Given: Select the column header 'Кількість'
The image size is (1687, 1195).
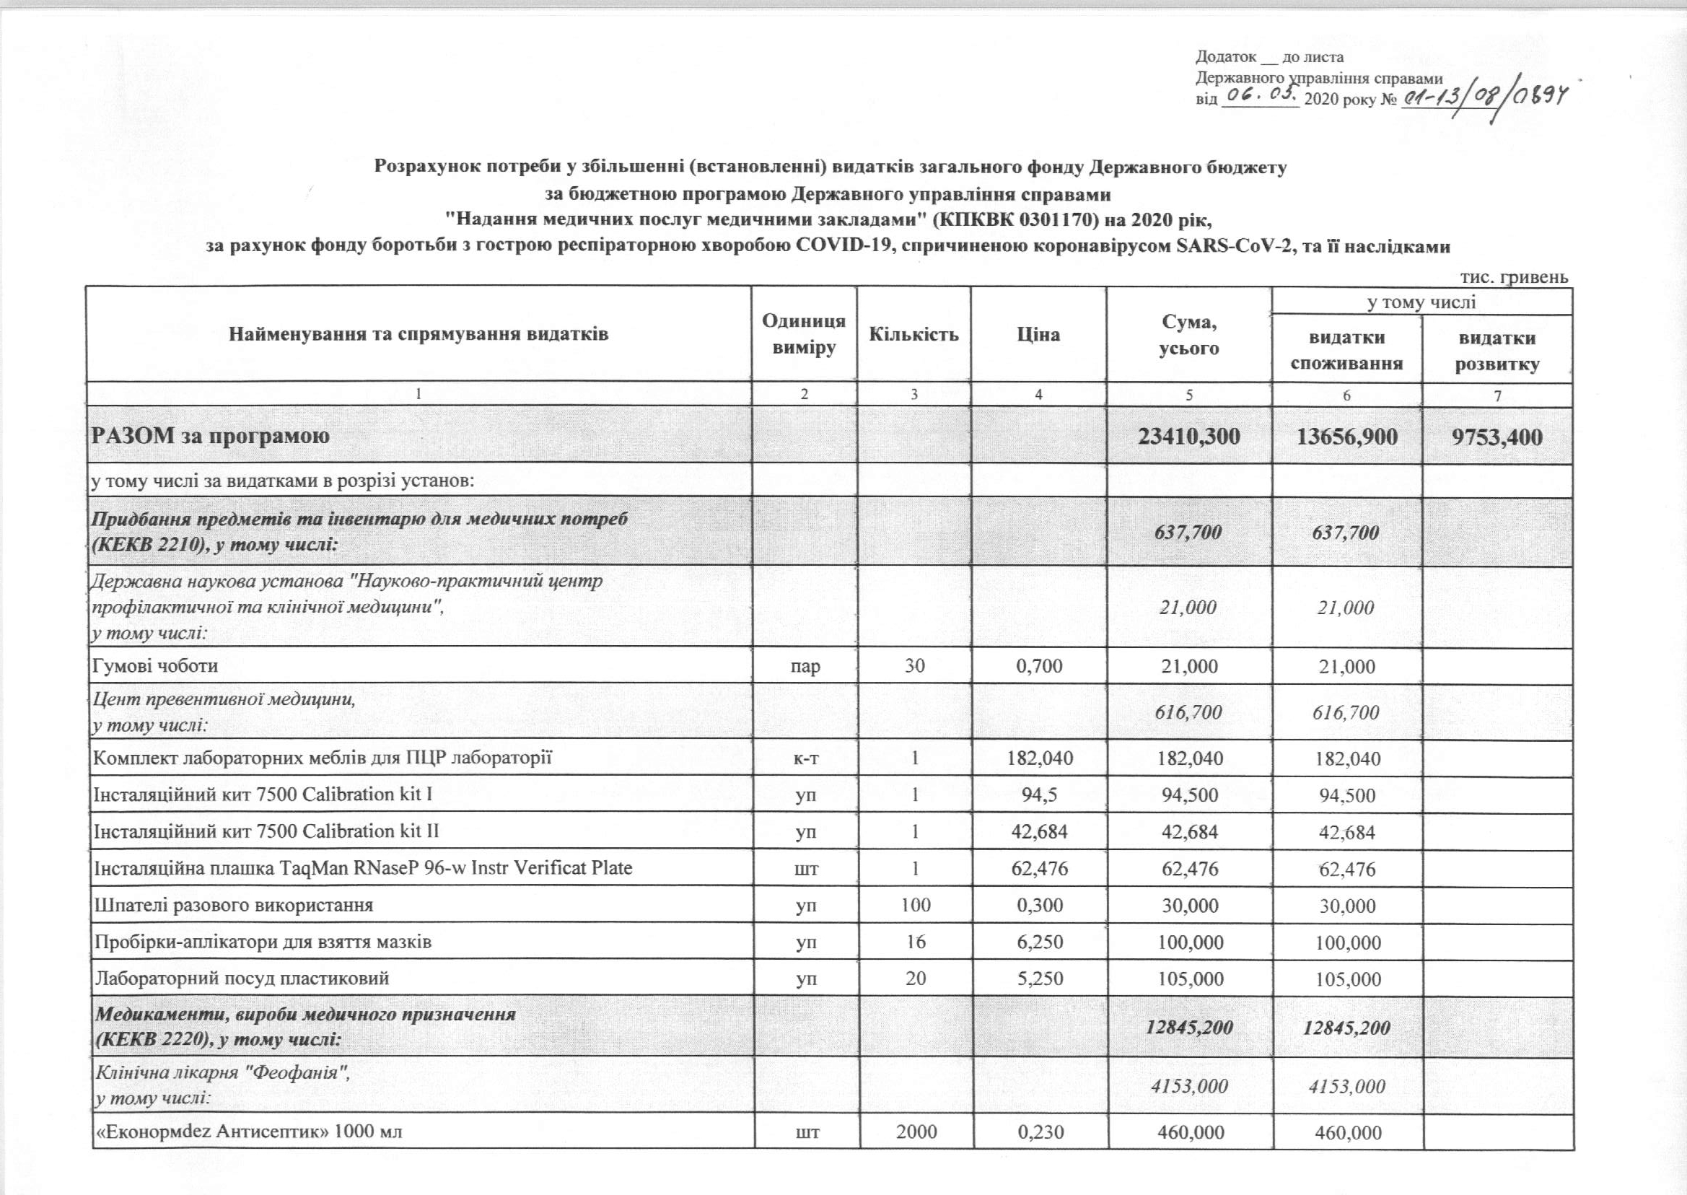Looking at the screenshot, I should point(913,335).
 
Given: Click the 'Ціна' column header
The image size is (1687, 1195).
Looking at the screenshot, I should point(1038,335).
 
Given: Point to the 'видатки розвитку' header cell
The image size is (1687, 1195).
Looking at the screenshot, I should point(1497,350).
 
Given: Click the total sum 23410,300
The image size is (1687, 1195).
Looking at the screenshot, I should point(1189,437).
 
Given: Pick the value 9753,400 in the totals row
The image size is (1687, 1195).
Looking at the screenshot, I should point(1497,437).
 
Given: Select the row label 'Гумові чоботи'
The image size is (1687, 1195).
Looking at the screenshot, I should point(155,666).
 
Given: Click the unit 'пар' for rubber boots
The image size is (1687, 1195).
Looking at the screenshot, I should point(805,667).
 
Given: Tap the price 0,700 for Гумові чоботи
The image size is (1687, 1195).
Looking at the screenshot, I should point(1039,667).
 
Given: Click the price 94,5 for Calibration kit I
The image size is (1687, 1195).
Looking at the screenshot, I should point(1039,795).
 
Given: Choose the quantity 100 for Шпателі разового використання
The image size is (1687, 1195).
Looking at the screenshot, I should point(915,905).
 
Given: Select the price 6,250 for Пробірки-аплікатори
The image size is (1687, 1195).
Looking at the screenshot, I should point(1039,942).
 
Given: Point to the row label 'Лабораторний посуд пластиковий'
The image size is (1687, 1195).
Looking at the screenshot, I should point(241,978).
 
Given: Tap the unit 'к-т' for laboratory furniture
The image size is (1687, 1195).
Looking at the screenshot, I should point(805,758).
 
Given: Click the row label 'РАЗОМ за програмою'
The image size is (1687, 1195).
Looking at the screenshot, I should point(210,436).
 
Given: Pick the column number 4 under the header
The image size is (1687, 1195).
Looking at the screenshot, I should point(1038,395).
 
